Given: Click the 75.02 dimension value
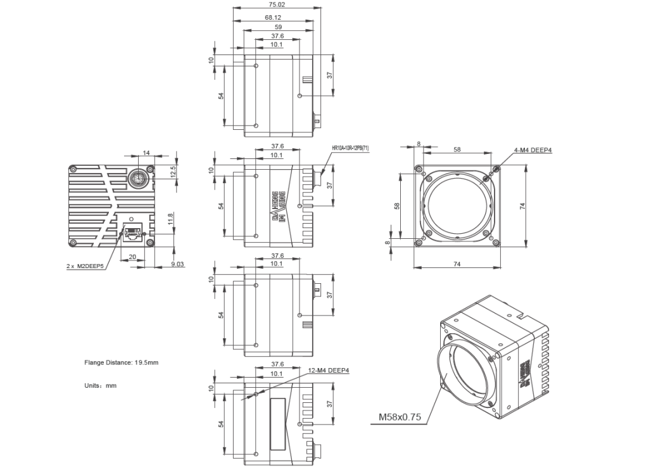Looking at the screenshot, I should click(277, 4).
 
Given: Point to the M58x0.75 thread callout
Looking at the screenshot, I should click(400, 417).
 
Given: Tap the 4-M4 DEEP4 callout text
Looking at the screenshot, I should click(533, 150).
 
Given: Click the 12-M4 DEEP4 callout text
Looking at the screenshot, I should click(329, 371).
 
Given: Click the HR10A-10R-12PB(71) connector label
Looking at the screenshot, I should click(350, 148).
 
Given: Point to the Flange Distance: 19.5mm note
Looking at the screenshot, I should click(122, 363).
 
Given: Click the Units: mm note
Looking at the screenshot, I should click(100, 385).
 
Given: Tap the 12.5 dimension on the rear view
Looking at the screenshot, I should click(173, 172).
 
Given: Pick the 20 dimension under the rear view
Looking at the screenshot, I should click(132, 257).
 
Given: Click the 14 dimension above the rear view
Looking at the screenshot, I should click(146, 153).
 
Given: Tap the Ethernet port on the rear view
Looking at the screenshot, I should click(133, 232).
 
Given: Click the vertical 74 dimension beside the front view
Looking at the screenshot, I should click(522, 207).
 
